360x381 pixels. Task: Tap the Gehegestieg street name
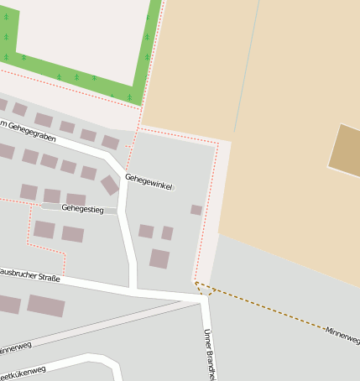point(82,208)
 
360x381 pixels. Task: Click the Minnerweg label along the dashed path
point(342,337)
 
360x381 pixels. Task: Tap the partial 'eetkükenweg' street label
point(22,373)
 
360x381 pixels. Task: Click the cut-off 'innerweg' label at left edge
point(15,347)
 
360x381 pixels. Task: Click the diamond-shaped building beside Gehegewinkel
point(110,185)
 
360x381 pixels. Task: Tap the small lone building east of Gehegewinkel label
point(196,210)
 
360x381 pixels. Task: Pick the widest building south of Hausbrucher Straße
point(46,305)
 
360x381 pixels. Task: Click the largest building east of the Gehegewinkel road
point(159,258)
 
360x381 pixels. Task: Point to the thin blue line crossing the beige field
point(244,76)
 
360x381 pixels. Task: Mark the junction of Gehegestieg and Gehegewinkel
point(120,210)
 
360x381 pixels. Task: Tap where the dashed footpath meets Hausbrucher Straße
point(199,288)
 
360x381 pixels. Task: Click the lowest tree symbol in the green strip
point(129,97)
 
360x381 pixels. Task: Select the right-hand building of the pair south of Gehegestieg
point(73,234)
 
